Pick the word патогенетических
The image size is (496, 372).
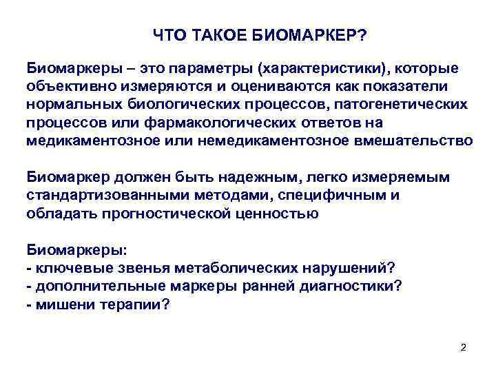click(x=400, y=105)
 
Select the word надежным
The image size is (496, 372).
click(x=224, y=177)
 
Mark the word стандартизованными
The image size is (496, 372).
click(x=92, y=195)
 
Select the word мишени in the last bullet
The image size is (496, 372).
click(x=57, y=303)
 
